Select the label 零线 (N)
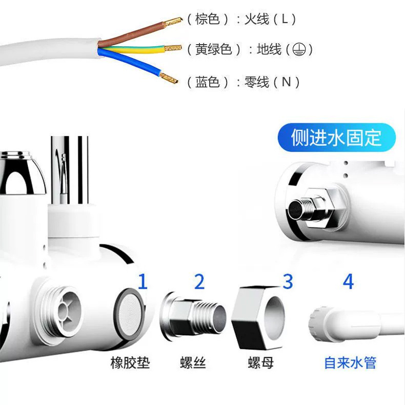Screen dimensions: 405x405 tap(272, 82)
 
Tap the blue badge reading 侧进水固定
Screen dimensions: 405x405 tap(337, 138)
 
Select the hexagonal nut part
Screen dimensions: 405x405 tap(259, 314)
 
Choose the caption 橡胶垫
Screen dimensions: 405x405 tap(130, 363)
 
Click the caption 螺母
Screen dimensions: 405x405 tap(260, 363)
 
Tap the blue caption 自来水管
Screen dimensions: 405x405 tap(350, 363)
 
